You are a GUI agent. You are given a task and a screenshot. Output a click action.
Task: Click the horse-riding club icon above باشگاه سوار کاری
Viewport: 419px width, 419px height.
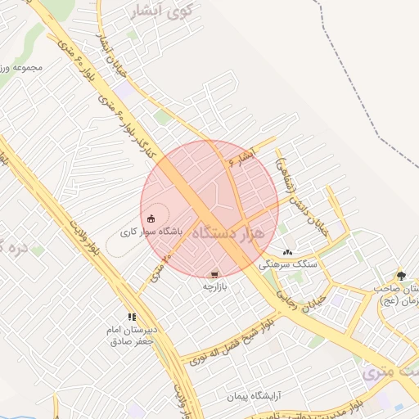point(152,219)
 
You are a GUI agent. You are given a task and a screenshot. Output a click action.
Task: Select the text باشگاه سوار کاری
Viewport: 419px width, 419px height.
point(152,232)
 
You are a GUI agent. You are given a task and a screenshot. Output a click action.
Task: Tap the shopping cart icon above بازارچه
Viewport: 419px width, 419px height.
point(214,275)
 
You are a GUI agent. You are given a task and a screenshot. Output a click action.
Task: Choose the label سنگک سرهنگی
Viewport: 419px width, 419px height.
point(286,264)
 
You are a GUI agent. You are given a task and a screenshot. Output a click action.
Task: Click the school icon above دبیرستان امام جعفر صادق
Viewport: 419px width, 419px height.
point(131,316)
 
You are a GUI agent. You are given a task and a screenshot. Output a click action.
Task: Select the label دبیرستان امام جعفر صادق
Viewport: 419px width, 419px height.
point(133,335)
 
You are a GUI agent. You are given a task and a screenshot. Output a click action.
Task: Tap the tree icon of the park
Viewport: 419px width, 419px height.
point(400,276)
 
